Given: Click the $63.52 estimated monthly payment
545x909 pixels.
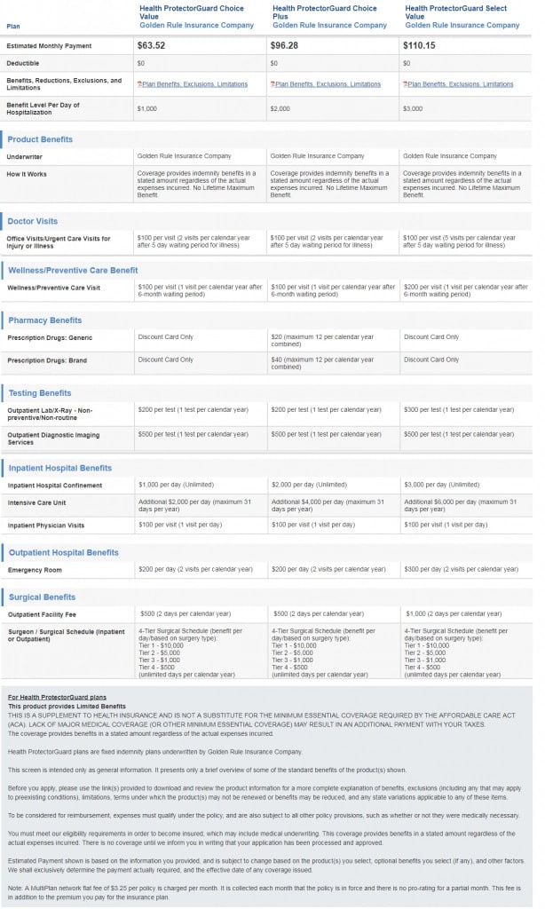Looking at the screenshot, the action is (x=152, y=43).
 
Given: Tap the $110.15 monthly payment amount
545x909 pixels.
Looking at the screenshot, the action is (x=421, y=43).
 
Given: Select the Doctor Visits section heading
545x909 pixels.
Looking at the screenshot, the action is (x=33, y=221).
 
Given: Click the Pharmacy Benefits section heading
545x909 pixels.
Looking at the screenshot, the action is (x=44, y=320).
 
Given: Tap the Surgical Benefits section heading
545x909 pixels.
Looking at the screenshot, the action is (x=42, y=597).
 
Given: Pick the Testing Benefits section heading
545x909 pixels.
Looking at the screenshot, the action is (x=40, y=392).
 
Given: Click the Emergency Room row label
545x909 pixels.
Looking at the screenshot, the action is (x=34, y=570).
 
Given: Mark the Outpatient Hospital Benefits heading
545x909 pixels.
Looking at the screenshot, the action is (x=63, y=552).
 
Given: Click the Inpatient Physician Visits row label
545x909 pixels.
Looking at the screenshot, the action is (x=47, y=526).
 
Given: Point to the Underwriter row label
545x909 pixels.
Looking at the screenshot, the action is (x=26, y=156).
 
